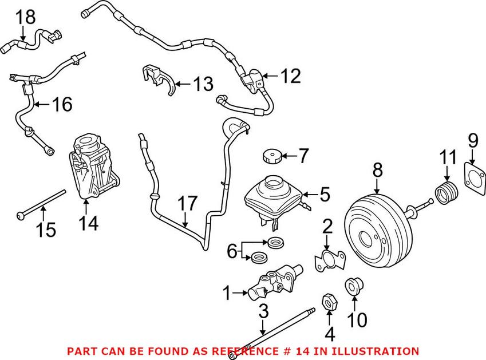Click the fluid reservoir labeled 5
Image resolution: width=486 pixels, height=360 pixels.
(272, 196)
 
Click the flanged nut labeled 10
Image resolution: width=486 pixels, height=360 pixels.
(353, 286)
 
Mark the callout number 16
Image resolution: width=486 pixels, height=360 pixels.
(62, 104)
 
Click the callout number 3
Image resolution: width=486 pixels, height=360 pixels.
(263, 312)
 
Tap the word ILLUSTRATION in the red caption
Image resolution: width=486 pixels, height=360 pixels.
(378, 350)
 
